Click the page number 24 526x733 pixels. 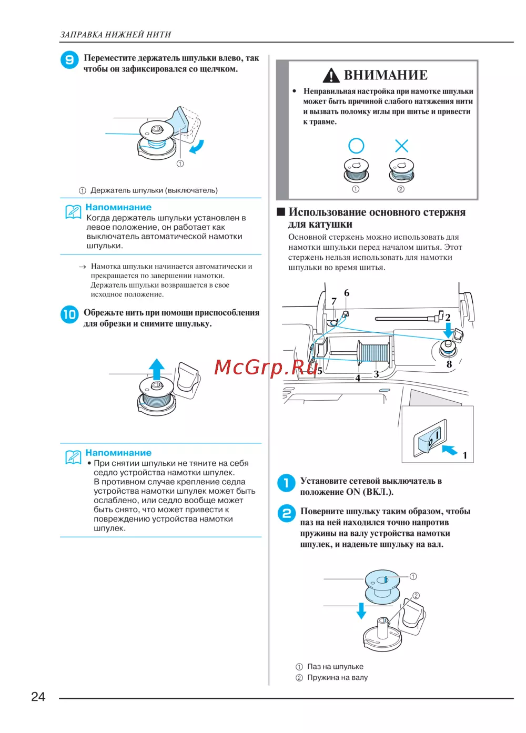click(38, 697)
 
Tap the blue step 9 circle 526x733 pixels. click(69, 60)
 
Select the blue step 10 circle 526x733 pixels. click(69, 314)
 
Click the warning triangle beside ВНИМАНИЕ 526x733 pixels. click(331, 76)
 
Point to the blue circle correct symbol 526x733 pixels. click(356, 146)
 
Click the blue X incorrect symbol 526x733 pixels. click(401, 146)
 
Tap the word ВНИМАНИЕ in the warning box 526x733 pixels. click(386, 75)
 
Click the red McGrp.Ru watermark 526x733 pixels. click(266, 367)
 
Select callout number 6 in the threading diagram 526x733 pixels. click(347, 293)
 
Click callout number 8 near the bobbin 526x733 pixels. click(449, 364)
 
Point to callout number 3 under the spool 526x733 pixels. click(376, 374)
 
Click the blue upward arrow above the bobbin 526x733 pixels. click(156, 368)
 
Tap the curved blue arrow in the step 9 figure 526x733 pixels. click(197, 147)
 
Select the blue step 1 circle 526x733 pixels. click(286, 483)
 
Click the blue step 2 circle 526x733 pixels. click(286, 513)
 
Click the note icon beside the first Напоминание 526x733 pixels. click(73, 211)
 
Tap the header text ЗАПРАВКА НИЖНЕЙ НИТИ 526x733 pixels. click(116, 35)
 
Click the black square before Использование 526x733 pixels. click(281, 212)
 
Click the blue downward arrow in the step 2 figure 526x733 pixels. click(361, 610)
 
